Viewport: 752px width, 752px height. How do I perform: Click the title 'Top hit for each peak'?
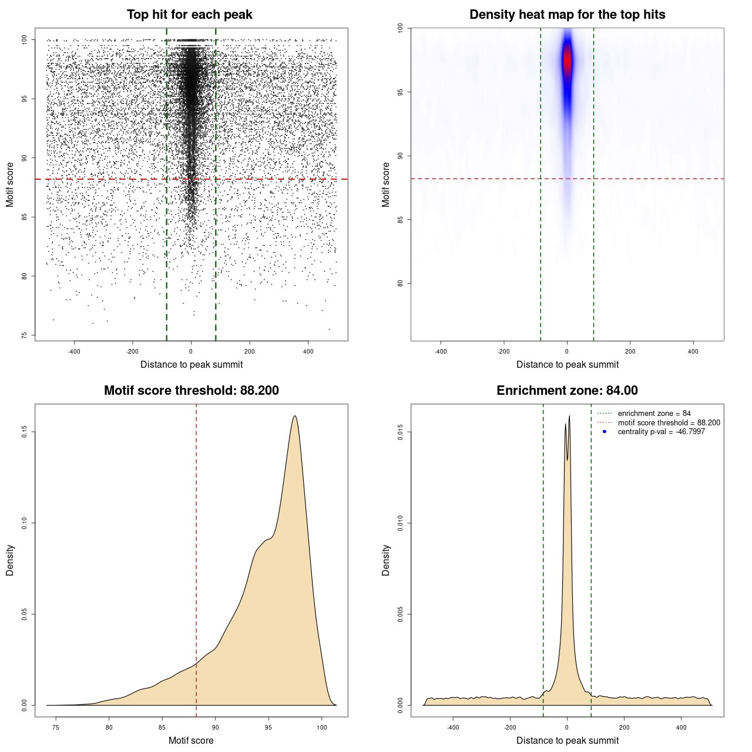point(189,15)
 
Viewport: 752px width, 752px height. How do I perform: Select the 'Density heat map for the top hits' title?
point(567,15)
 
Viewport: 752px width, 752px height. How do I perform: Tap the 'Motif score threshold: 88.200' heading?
point(191,391)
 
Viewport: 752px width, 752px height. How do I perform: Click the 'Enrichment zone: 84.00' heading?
point(567,391)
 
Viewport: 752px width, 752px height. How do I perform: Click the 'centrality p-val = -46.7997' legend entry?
point(661,432)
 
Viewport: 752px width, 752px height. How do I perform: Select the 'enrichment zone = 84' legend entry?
point(654,414)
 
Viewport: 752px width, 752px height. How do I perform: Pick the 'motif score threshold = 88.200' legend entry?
point(669,423)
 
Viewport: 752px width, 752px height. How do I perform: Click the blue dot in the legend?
point(605,432)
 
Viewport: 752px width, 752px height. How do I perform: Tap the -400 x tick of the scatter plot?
point(74,351)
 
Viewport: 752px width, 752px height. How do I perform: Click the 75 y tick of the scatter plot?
point(24,335)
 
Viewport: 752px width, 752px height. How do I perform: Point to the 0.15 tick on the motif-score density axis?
point(24,432)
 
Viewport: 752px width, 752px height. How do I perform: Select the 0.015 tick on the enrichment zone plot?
point(400,432)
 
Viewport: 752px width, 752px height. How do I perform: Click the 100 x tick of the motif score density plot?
point(322,727)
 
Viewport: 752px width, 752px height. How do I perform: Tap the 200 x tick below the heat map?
point(630,351)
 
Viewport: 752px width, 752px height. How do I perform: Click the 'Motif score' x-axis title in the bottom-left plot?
point(191,740)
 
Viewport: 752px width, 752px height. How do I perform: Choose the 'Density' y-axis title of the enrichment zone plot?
point(386,560)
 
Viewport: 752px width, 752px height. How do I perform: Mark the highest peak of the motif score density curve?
point(295,417)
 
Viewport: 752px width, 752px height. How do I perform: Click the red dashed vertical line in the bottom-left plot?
point(196,558)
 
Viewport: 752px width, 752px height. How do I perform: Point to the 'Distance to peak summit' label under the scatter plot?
point(192,364)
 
